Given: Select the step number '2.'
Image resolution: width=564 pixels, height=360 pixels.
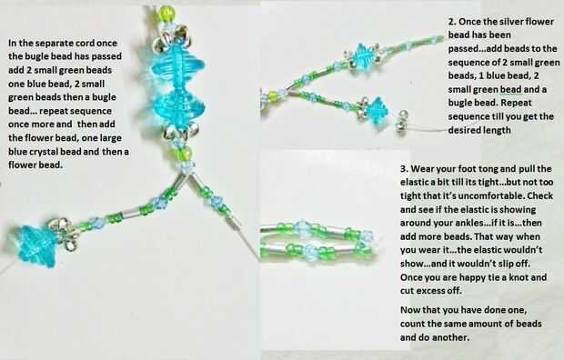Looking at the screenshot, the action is pos(452,22).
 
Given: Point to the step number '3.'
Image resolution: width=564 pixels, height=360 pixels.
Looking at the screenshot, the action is pos(405,169).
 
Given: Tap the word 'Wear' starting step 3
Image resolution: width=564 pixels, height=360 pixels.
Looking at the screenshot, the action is pos(421,169).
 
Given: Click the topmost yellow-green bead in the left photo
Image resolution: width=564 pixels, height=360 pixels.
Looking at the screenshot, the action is pos(166,14).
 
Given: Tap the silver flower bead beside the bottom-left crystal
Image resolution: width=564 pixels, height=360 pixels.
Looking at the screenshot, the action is pos(65,233).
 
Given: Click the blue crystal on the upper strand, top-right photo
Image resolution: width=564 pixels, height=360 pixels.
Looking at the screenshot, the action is pos(362,55).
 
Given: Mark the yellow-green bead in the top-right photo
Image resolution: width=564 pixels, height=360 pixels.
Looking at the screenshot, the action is pos(273,95).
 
